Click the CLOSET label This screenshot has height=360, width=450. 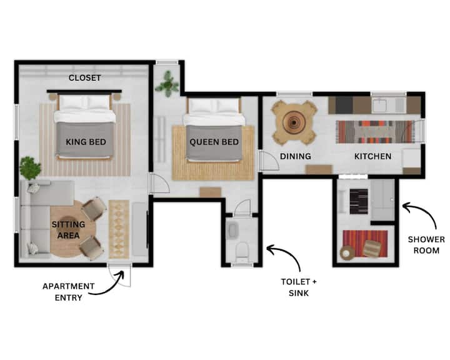point(84,77)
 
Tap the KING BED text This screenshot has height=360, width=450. point(86,142)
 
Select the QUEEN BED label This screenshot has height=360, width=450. point(214,142)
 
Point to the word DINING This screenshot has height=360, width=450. point(295,156)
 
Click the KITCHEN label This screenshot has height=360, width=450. point(372,156)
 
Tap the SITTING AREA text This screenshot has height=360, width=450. point(68,229)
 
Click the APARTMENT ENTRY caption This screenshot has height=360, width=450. point(68,292)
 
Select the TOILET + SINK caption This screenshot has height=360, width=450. point(299,287)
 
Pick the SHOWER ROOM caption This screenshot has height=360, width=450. point(426,245)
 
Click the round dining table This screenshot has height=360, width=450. point(294,122)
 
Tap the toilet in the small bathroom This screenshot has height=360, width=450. point(242,250)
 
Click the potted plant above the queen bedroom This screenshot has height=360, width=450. point(167,84)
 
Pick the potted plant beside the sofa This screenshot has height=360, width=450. point(30,168)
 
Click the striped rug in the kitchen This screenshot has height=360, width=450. point(376,132)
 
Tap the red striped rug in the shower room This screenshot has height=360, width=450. point(365,244)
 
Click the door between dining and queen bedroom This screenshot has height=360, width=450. point(269,161)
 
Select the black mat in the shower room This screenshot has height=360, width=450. point(359,201)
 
